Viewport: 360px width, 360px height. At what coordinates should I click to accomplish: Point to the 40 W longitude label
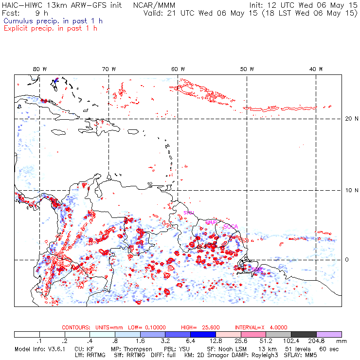(317, 69)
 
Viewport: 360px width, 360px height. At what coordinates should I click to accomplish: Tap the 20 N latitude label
(348, 119)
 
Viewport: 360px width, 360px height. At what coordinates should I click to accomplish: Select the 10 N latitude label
(348, 190)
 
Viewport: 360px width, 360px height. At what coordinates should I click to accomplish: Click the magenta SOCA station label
(230, 226)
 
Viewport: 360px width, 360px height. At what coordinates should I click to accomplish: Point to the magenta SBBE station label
(257, 269)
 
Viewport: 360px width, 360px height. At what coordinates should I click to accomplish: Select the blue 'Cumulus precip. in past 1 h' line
(53, 21)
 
